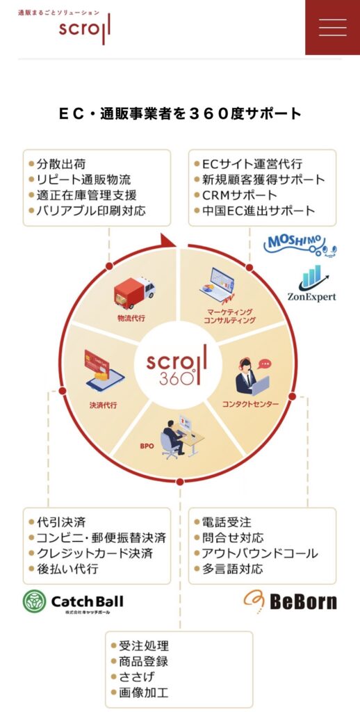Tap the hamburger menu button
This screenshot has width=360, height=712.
[332, 27]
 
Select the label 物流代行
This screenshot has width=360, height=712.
[131, 318]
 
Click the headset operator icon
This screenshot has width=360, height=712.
[252, 376]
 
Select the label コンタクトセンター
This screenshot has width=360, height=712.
[251, 403]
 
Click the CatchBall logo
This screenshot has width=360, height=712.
[73, 602]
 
